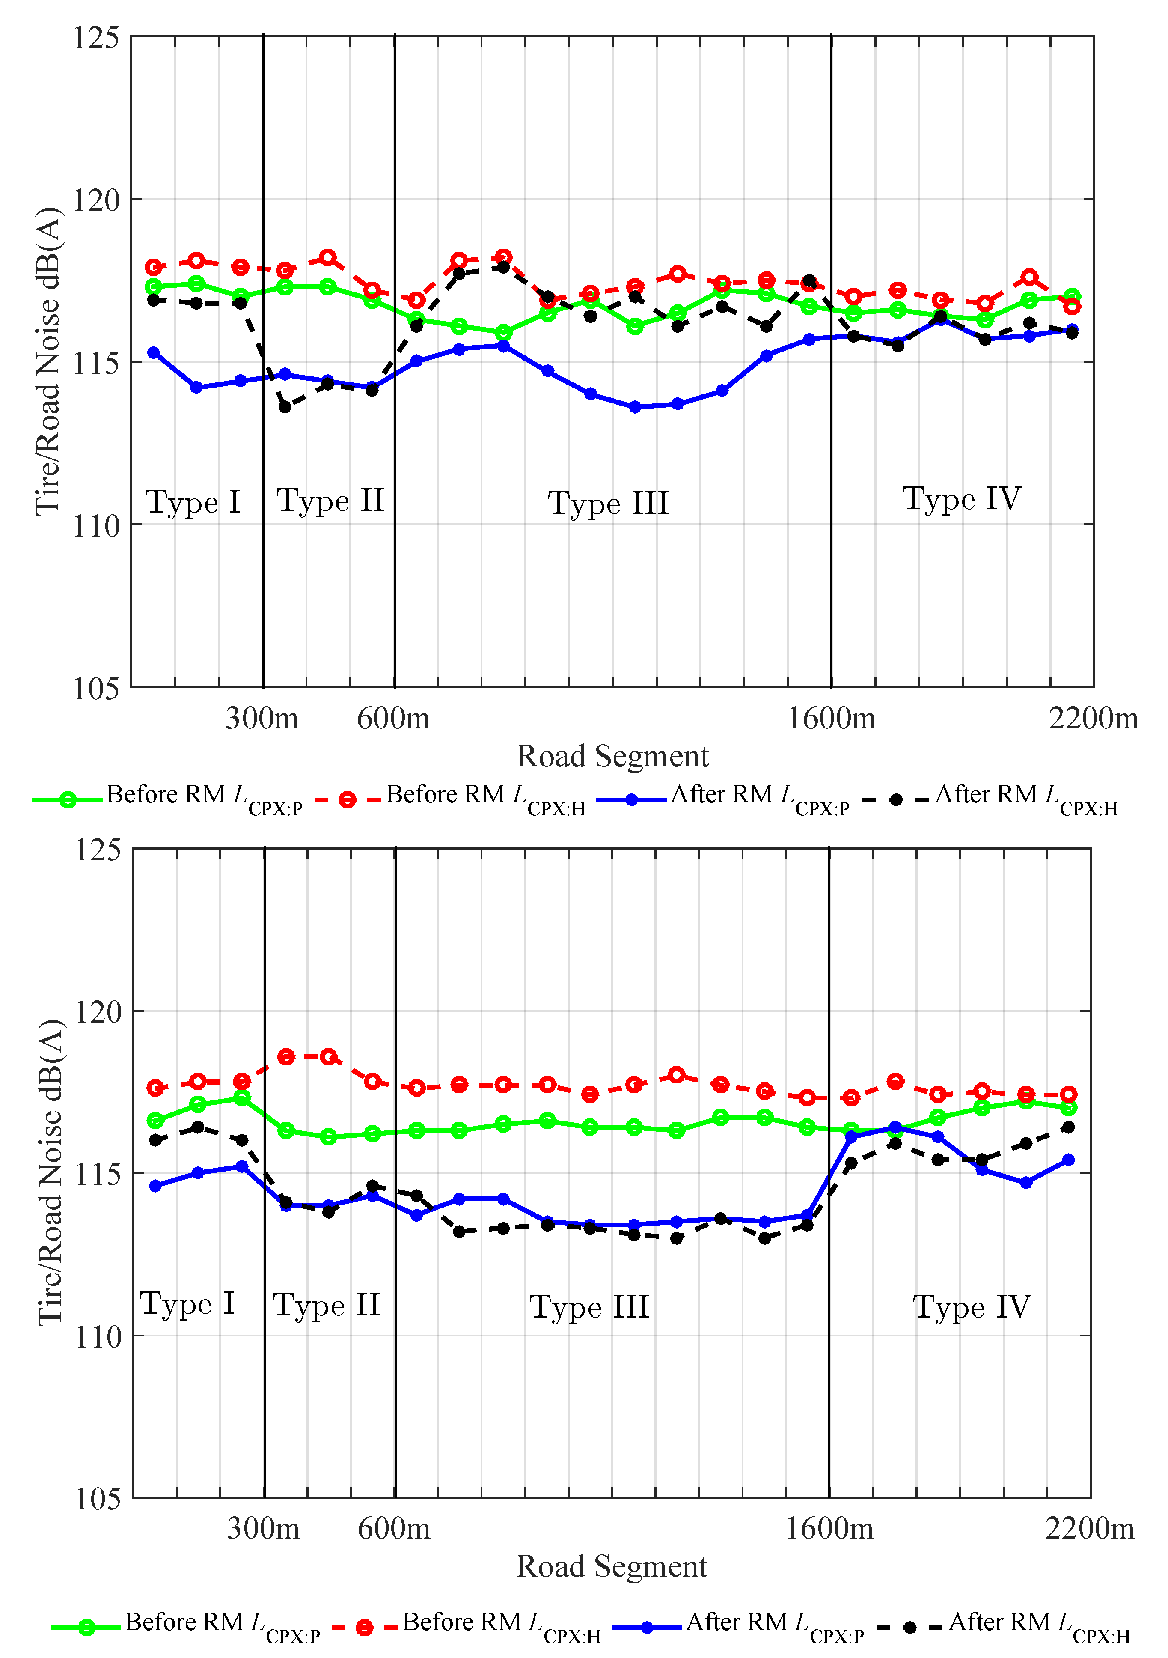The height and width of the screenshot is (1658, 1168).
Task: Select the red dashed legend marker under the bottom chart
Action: (x=365, y=1628)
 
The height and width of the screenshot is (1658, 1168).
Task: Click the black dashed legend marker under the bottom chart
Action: (x=909, y=1628)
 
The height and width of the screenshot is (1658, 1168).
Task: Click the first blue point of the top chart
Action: (x=154, y=352)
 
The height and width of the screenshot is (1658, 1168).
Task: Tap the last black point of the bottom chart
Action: (x=1068, y=1127)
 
